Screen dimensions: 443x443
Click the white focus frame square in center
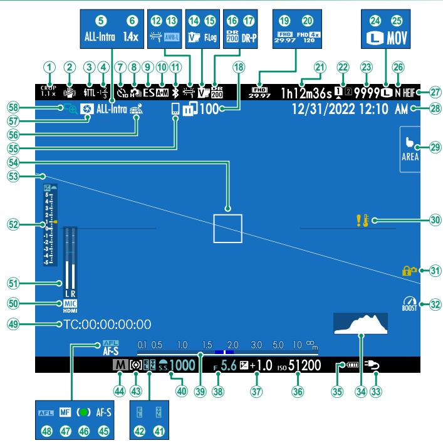click(227, 227)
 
